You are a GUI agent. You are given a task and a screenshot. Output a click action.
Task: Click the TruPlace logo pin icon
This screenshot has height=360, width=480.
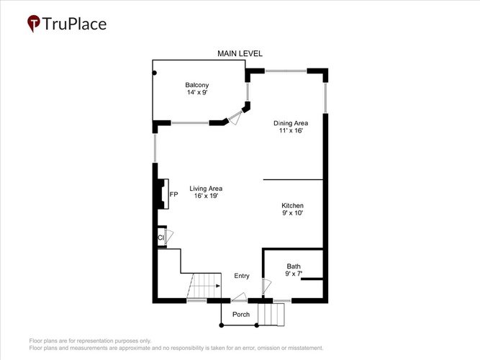pos(34,23)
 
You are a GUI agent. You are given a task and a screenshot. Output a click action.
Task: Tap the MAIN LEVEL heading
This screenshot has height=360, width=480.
pos(240,53)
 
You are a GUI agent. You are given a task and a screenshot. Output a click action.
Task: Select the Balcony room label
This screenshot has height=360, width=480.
pos(197,85)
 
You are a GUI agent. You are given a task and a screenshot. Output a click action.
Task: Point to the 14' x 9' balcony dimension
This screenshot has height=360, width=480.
pos(197,92)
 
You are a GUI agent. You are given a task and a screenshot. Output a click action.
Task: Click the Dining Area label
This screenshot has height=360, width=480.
pos(291,123)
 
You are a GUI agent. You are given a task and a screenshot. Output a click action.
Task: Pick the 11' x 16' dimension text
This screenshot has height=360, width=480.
pos(291,130)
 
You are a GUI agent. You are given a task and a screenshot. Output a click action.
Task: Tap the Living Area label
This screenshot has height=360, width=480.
pos(206,189)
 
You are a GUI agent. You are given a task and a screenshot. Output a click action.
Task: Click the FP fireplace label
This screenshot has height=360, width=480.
pos(173,194)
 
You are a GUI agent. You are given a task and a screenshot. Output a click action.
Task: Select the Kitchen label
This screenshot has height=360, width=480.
pos(292,206)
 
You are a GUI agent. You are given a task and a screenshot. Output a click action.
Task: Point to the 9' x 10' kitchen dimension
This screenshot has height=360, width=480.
pos(292,213)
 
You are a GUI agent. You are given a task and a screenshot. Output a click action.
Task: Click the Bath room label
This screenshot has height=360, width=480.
pos(294,266)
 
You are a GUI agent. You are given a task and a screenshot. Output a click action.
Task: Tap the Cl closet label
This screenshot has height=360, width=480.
pos(160,238)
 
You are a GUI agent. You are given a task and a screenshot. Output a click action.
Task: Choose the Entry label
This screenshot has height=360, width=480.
pos(242,276)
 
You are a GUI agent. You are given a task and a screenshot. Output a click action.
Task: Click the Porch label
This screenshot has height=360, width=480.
pos(241,315)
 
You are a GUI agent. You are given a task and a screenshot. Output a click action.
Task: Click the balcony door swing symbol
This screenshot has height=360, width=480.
pos(235,118)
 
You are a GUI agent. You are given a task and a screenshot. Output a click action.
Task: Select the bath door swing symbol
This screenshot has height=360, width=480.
pos(266,287)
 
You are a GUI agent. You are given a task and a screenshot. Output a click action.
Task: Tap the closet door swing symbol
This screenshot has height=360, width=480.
pos(169,237)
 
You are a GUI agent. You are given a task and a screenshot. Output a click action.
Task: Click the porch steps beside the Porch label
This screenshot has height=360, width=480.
pos(271,315)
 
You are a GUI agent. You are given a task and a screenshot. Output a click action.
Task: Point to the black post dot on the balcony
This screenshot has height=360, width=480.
pos(155,73)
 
